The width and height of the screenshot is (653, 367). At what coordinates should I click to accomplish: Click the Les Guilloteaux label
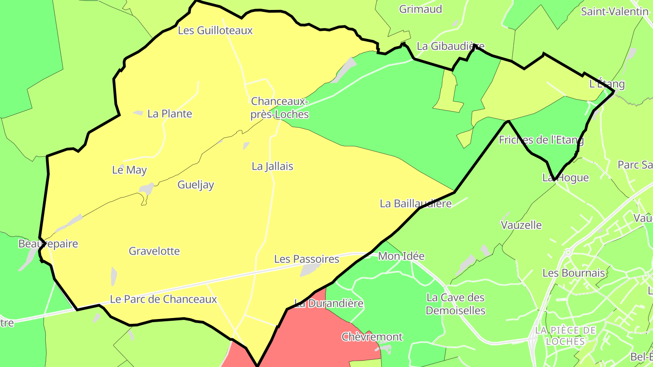tap(215, 30)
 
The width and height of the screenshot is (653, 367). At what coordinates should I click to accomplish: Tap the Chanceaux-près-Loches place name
tap(280, 108)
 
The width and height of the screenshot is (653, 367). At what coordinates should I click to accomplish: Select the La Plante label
tap(170, 114)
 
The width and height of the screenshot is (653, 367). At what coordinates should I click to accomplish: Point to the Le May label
tap(129, 170)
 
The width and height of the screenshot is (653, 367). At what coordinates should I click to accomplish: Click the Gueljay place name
tap(195, 185)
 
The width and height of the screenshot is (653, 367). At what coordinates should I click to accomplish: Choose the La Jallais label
tap(272, 166)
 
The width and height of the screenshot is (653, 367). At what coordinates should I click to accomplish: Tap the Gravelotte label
tap(154, 251)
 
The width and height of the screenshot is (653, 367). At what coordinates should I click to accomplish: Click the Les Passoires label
tap(307, 259)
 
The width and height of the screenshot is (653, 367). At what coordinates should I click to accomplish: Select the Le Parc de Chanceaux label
tap(163, 299)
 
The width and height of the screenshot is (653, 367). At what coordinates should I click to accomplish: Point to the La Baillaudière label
tap(415, 203)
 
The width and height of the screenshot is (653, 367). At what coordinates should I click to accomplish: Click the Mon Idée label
tap(401, 256)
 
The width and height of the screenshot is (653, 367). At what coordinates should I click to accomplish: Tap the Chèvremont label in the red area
tap(372, 337)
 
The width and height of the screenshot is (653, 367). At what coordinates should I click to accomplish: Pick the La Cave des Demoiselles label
tap(455, 304)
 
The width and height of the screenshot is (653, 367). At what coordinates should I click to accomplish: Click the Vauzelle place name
tap(521, 225)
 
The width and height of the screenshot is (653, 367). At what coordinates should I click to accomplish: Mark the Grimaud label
tap(420, 9)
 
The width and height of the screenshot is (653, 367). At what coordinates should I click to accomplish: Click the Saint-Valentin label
tap(614, 12)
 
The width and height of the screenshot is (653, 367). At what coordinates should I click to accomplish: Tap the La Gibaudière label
tap(450, 46)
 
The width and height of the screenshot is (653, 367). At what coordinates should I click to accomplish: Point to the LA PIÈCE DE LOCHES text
tap(565, 335)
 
